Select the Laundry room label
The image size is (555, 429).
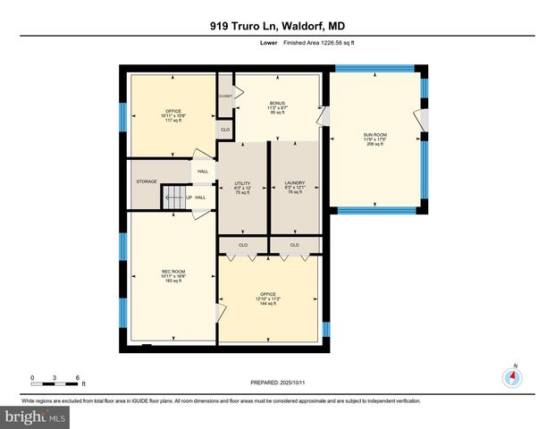pos(294,187)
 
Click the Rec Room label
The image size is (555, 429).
pos(173,276)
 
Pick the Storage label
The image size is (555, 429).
pos(147,181)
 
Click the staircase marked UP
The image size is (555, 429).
pos(174,198)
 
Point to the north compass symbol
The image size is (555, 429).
pos(512,376)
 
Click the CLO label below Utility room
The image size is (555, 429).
pos(244,245)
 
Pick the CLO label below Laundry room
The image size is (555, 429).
pos(294,245)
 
